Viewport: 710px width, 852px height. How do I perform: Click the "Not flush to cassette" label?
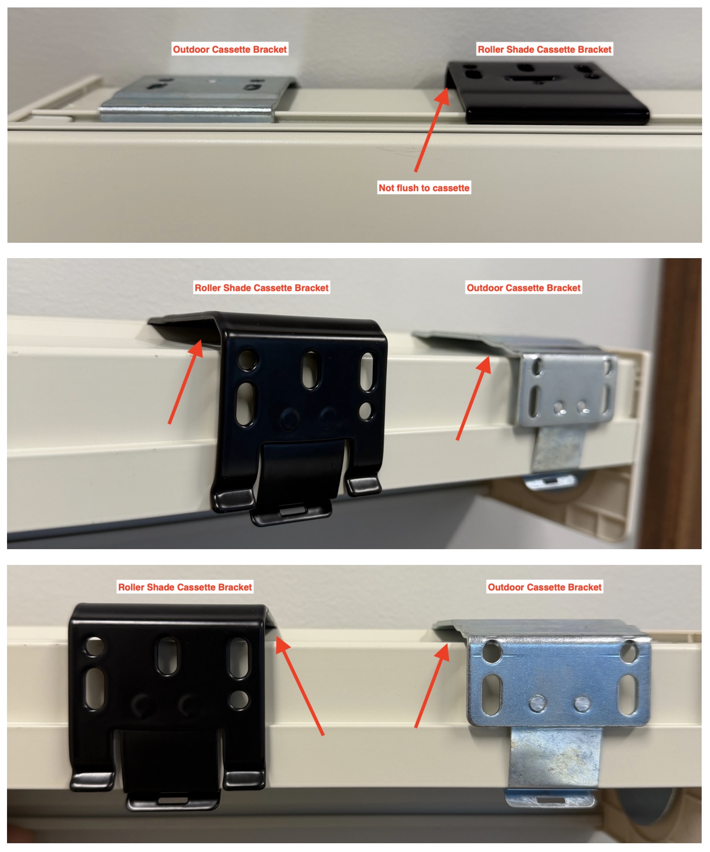pos(424,188)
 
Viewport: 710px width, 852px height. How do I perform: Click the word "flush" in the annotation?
pos(408,188)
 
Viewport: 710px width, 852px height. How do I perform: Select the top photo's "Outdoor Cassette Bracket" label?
pos(230,49)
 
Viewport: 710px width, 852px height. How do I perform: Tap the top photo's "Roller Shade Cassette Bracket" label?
pos(544,49)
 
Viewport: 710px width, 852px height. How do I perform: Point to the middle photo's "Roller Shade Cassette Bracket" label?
pos(261,288)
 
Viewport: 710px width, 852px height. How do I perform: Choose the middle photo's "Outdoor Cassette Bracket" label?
pos(523,288)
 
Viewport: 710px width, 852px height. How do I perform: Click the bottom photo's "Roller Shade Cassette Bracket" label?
pos(185,587)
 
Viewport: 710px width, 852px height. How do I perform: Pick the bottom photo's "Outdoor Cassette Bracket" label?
pos(544,587)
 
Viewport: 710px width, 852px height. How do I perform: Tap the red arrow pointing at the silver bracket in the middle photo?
pos(473,398)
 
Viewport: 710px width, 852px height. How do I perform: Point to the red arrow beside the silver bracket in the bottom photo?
pos(432,686)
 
